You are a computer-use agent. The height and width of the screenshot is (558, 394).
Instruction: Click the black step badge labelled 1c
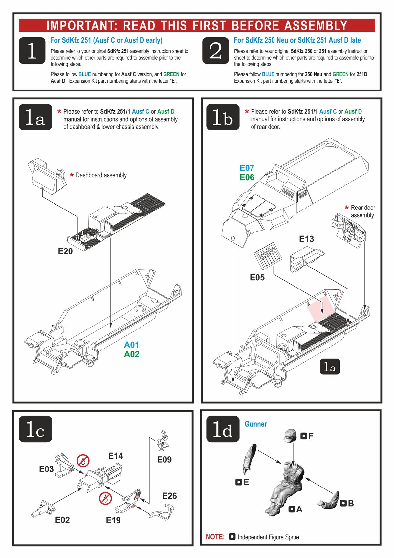point(35,429)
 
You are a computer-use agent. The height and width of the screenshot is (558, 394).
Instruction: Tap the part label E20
point(65,251)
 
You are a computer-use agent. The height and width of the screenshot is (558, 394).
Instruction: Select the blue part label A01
point(131,345)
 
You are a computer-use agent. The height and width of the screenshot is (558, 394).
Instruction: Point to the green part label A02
point(131,354)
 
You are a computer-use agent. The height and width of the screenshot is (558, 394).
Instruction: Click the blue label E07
point(247,168)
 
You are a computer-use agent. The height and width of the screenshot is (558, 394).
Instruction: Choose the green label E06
point(247,177)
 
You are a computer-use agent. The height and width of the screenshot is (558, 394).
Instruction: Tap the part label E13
point(306,239)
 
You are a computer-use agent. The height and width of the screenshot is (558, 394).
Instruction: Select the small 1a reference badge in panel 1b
point(330,367)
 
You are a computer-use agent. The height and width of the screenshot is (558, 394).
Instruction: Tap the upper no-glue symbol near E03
point(83,460)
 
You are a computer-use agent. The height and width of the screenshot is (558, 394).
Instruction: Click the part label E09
point(164,459)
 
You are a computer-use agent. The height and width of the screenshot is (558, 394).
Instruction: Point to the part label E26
point(169,496)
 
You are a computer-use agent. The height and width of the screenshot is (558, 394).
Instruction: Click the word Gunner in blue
point(255,424)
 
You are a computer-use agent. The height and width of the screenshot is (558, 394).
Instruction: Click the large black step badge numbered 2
point(215,50)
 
